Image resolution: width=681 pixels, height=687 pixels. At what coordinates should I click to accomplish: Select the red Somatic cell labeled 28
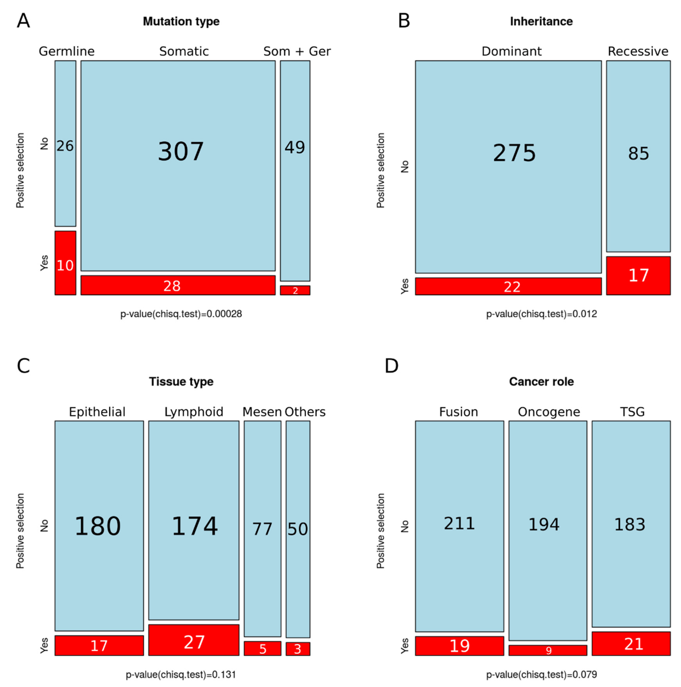coord(178,285)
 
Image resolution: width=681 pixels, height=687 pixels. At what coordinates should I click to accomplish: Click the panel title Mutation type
coord(181,21)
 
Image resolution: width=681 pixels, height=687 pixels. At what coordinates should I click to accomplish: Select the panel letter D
coord(391,366)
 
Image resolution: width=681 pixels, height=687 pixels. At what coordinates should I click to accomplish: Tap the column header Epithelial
coord(97,412)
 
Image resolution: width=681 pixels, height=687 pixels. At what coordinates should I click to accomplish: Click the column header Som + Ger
coord(297,51)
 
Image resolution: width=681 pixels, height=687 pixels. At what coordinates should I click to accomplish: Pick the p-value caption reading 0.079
coord(541,674)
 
